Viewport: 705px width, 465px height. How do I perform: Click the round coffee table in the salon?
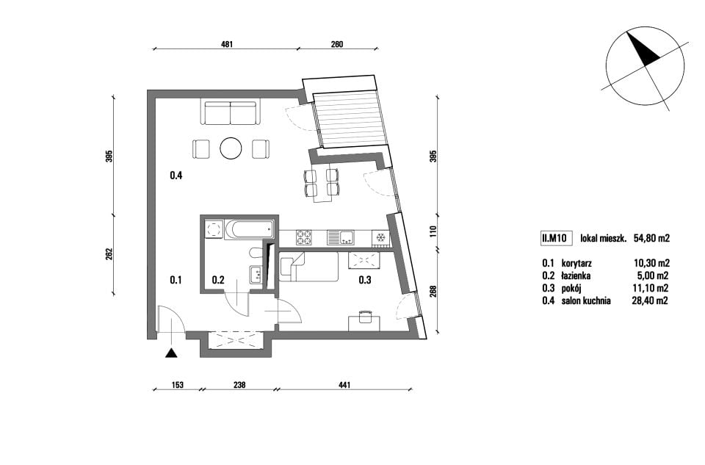pos(231,148)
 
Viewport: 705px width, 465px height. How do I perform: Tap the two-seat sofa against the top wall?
pos(230,113)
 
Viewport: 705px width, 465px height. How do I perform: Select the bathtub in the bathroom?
pos(249,230)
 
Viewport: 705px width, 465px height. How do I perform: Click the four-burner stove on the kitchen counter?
pos(303,237)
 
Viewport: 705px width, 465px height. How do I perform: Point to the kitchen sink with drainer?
pos(340,237)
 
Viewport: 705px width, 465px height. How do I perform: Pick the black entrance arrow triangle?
pos(171,353)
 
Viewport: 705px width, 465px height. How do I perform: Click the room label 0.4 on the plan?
pos(176,176)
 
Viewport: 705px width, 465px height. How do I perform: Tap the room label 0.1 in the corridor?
pos(176,280)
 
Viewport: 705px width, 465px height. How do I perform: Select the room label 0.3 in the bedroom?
pos(365,280)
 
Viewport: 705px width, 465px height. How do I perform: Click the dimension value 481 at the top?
pos(228,44)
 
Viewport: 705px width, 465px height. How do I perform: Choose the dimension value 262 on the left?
pos(109,255)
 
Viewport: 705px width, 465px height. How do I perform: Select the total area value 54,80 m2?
pos(651,238)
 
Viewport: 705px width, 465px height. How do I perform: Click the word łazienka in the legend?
pos(576,275)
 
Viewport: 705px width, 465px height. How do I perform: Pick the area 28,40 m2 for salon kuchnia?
pos(650,301)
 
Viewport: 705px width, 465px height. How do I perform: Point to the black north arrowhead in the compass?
pos(643,50)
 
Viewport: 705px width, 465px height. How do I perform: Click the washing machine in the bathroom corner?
pos(213,230)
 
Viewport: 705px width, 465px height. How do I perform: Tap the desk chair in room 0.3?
pos(364,317)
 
